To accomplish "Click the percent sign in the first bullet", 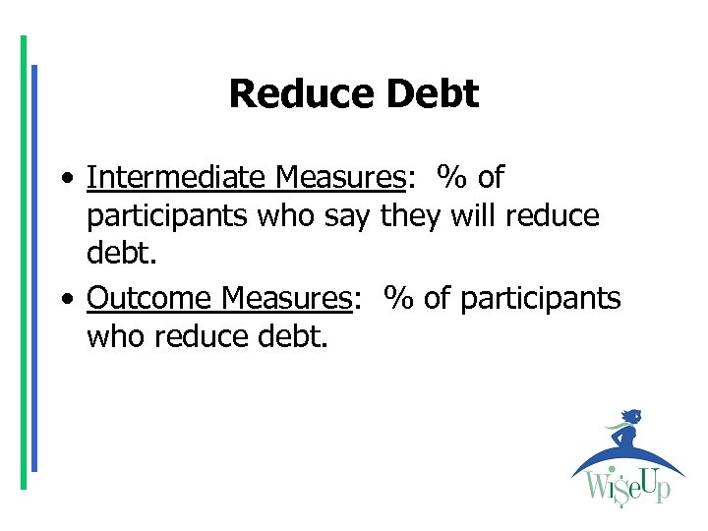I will tap(452, 178).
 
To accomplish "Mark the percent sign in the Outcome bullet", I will tap(399, 298).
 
